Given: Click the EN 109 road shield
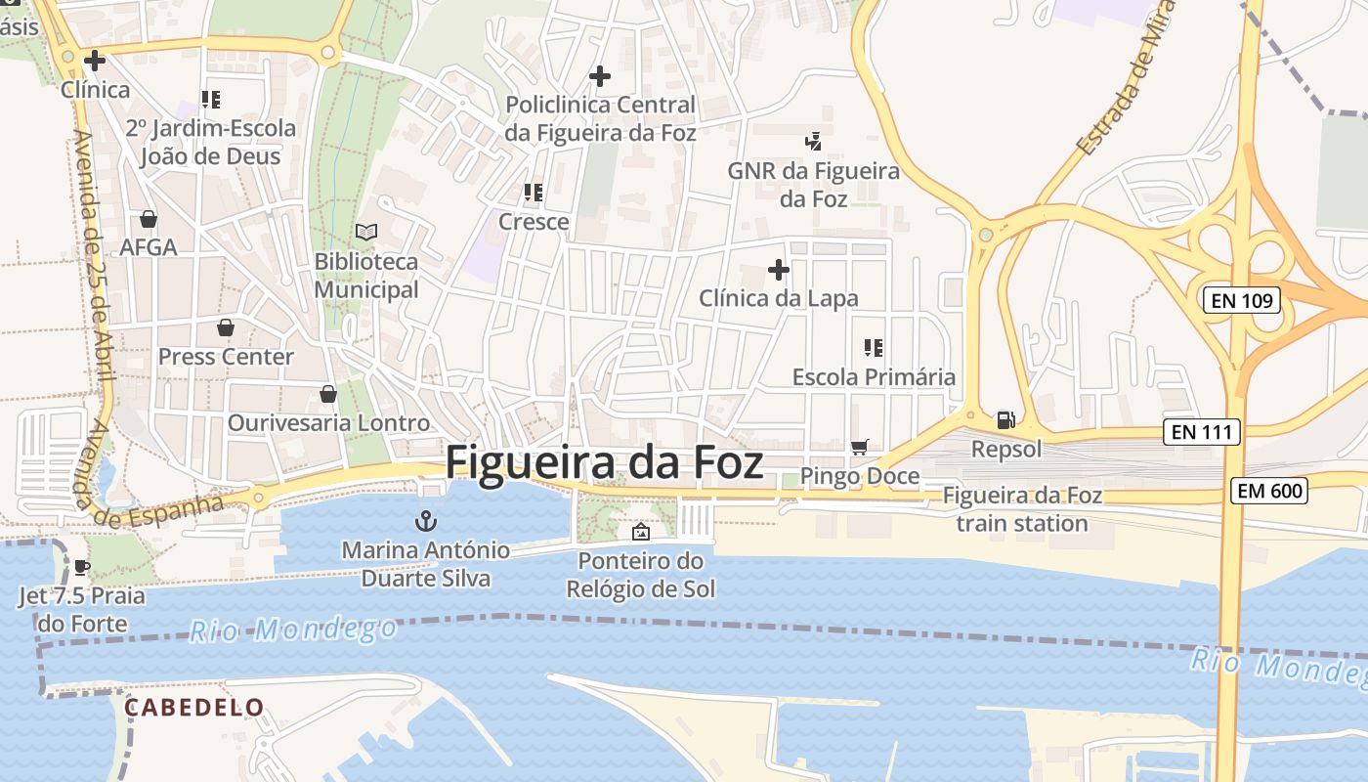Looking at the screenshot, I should (1242, 300).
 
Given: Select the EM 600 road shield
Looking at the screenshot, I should (1268, 491).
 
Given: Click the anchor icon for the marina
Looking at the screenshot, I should (425, 520).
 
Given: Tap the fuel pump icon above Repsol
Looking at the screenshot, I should (1005, 420).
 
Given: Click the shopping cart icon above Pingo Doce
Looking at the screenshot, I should (860, 447).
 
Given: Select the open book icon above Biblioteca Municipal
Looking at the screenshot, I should (366, 232).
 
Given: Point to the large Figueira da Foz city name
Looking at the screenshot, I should (604, 462).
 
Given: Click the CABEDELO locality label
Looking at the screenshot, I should (194, 707).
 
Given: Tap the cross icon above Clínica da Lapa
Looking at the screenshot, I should (779, 269).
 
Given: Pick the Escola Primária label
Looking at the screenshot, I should (874, 376).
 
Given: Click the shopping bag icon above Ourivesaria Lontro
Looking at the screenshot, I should (328, 394).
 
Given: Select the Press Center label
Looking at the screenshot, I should (226, 357).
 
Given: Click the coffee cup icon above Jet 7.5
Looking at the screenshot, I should (82, 567).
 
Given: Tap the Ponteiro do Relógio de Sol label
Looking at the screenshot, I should (641, 575).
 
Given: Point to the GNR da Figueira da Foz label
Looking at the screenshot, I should (813, 184).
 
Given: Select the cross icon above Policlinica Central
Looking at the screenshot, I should (600, 75).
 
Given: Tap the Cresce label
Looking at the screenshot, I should (534, 222).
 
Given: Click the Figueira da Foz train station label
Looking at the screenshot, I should (1022, 509).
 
